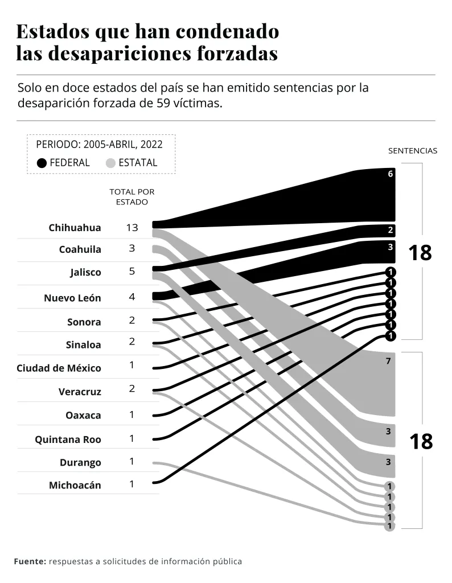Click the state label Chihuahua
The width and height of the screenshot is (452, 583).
click(75, 228)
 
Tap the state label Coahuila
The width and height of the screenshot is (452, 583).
click(80, 249)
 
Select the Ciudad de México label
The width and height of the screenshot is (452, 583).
click(59, 368)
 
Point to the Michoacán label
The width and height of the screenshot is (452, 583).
click(75, 485)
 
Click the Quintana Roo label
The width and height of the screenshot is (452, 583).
click(68, 439)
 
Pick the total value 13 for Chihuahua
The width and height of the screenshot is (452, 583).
click(132, 227)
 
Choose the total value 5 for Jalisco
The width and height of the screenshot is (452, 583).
click(132, 271)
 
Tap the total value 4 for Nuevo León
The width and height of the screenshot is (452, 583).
click(132, 297)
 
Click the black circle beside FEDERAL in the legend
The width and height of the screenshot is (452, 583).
click(42, 163)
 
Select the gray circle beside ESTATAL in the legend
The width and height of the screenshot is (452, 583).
click(111, 163)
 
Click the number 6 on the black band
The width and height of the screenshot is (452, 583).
click(391, 174)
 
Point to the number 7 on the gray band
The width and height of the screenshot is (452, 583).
click(388, 360)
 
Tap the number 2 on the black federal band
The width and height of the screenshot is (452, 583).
click(391, 231)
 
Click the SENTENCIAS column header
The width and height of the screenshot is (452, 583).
click(413, 151)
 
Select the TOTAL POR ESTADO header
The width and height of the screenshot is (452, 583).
click(132, 197)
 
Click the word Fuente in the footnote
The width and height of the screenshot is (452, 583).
click(30, 561)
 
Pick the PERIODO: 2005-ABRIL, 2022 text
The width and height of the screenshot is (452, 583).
click(99, 145)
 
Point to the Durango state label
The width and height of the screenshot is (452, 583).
click(80, 462)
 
